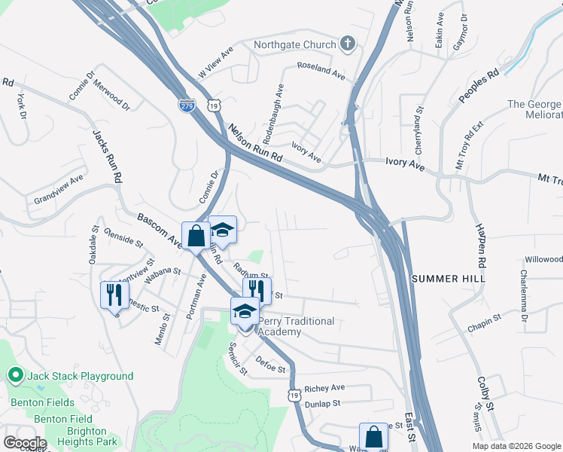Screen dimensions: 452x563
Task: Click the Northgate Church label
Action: click(x=294, y=44)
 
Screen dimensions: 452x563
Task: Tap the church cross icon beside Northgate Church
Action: click(x=348, y=44)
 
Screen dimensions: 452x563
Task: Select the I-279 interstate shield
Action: click(x=187, y=105)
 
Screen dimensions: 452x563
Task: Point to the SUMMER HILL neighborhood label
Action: click(x=449, y=279)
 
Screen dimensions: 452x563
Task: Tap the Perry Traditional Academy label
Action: click(x=297, y=326)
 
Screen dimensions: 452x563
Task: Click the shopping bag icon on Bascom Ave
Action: click(x=196, y=236)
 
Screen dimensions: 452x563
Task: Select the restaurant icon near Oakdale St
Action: click(x=114, y=295)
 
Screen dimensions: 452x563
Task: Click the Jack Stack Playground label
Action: click(x=80, y=376)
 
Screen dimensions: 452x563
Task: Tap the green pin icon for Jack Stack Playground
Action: click(x=15, y=375)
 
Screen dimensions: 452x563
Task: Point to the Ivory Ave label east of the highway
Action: click(x=406, y=161)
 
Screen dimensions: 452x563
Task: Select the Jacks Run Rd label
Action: click(x=106, y=157)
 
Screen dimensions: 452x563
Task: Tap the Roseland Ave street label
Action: click(x=321, y=72)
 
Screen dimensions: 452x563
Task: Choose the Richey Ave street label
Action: click(x=324, y=388)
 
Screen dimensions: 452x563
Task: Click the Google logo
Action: click(x=24, y=443)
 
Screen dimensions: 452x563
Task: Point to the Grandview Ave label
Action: click(x=58, y=190)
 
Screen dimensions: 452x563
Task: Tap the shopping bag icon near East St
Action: click(x=373, y=437)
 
